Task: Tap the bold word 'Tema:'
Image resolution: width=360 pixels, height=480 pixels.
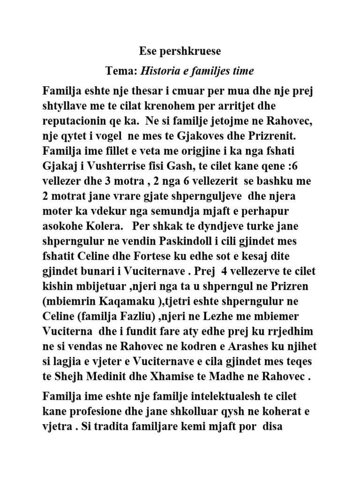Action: coord(121,71)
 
